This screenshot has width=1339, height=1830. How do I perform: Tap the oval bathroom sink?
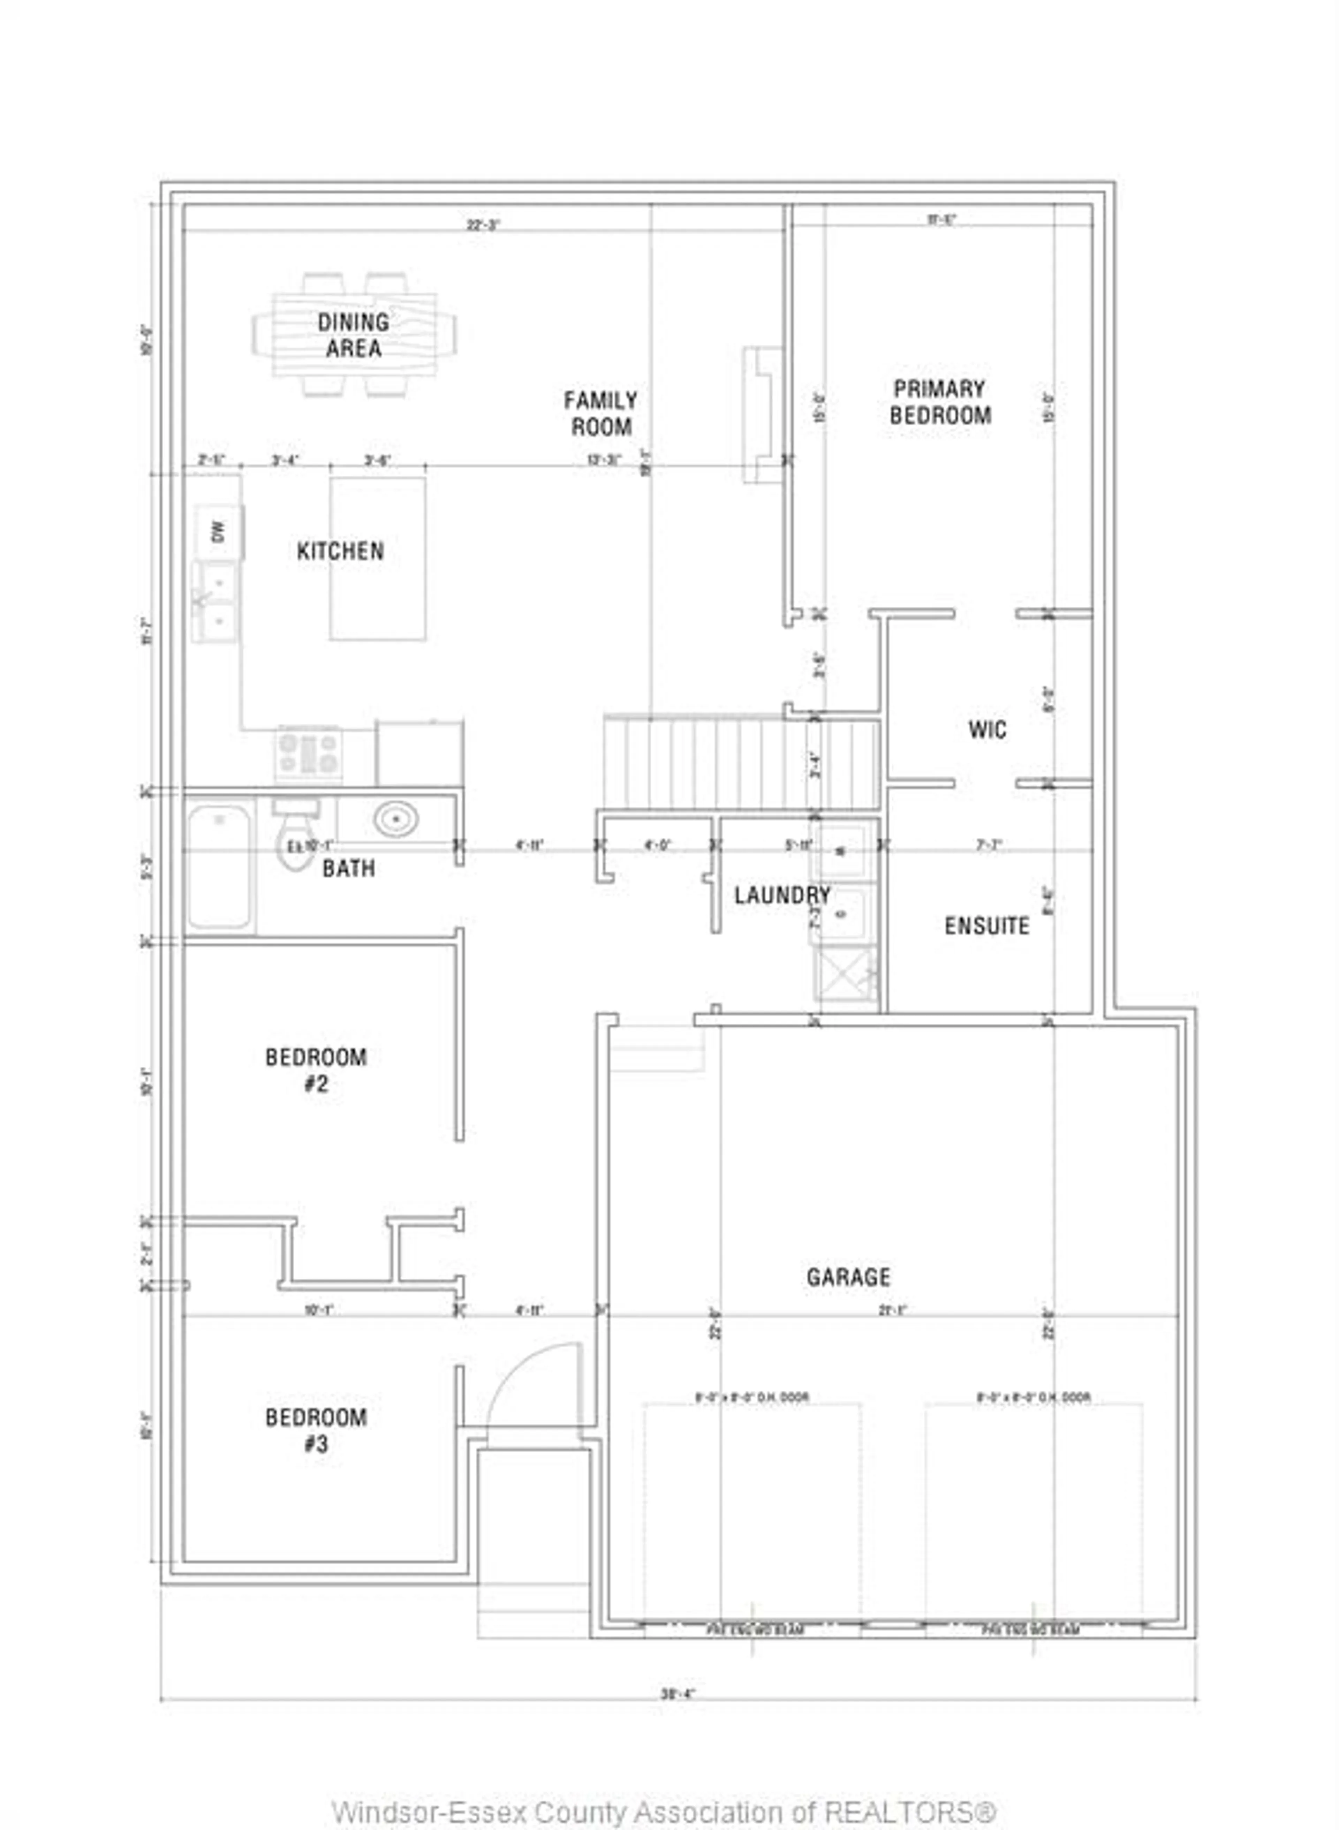[x=395, y=819]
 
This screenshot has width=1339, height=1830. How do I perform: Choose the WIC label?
[x=987, y=729]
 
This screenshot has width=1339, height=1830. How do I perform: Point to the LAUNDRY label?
[x=782, y=895]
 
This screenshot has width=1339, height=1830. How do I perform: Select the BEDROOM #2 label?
[x=316, y=1070]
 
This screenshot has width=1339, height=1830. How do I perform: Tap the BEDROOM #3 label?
[x=316, y=1430]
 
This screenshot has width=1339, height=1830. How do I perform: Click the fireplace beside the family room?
[x=762, y=415]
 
